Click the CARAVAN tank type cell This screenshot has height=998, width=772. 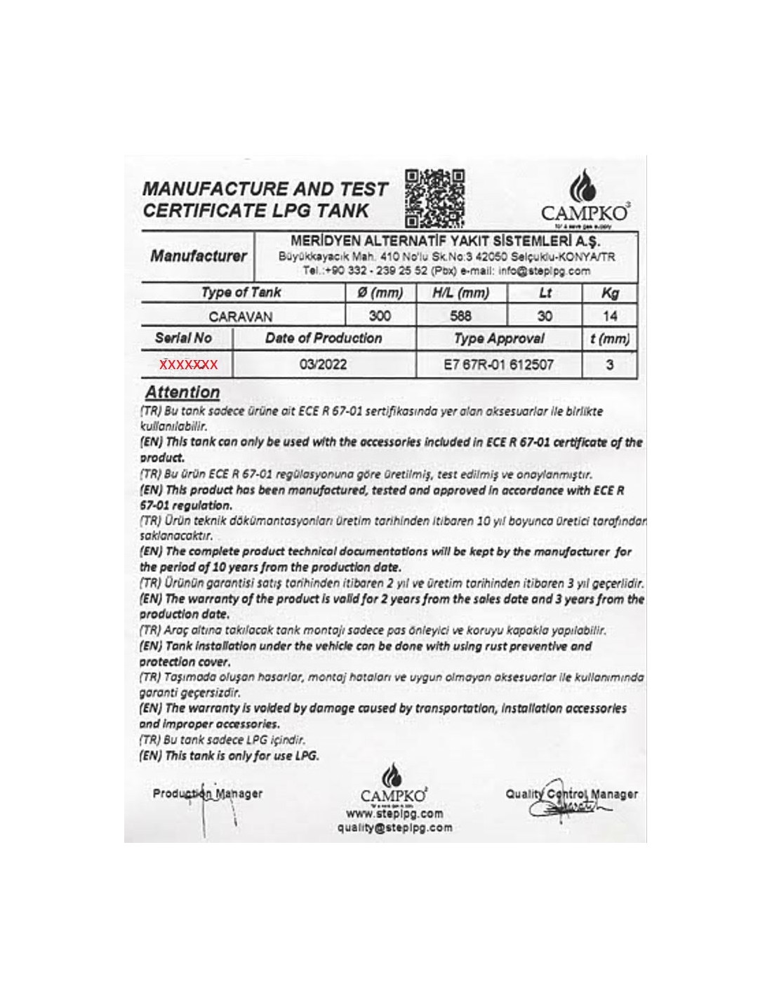[241, 317]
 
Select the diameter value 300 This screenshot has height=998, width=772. [380, 316]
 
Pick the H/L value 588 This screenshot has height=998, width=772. [460, 316]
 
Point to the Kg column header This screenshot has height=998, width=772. [610, 293]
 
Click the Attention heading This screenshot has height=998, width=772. [182, 392]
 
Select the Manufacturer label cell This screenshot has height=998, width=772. [199, 256]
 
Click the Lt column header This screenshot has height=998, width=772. [545, 293]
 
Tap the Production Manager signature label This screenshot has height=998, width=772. [207, 794]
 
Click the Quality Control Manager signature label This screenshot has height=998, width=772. [571, 794]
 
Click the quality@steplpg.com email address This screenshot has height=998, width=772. [394, 827]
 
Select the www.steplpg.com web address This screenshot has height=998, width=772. [394, 814]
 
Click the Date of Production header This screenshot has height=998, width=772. [323, 338]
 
